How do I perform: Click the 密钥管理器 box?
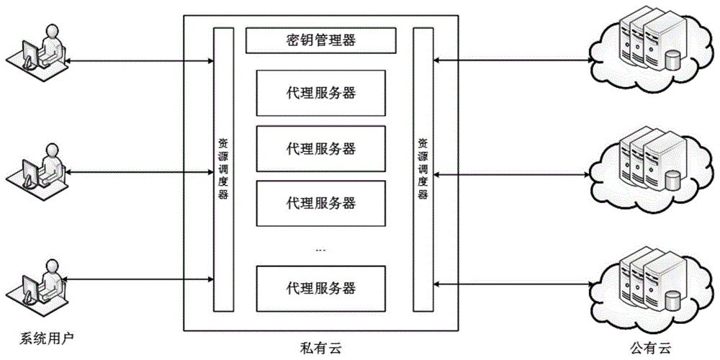(320, 40)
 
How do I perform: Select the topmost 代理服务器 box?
(320, 93)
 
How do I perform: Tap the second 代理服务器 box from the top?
(320, 149)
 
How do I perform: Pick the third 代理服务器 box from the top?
(320, 202)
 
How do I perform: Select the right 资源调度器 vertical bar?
(423, 169)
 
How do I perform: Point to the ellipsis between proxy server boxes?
(320, 249)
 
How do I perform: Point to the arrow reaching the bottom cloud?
(511, 284)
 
